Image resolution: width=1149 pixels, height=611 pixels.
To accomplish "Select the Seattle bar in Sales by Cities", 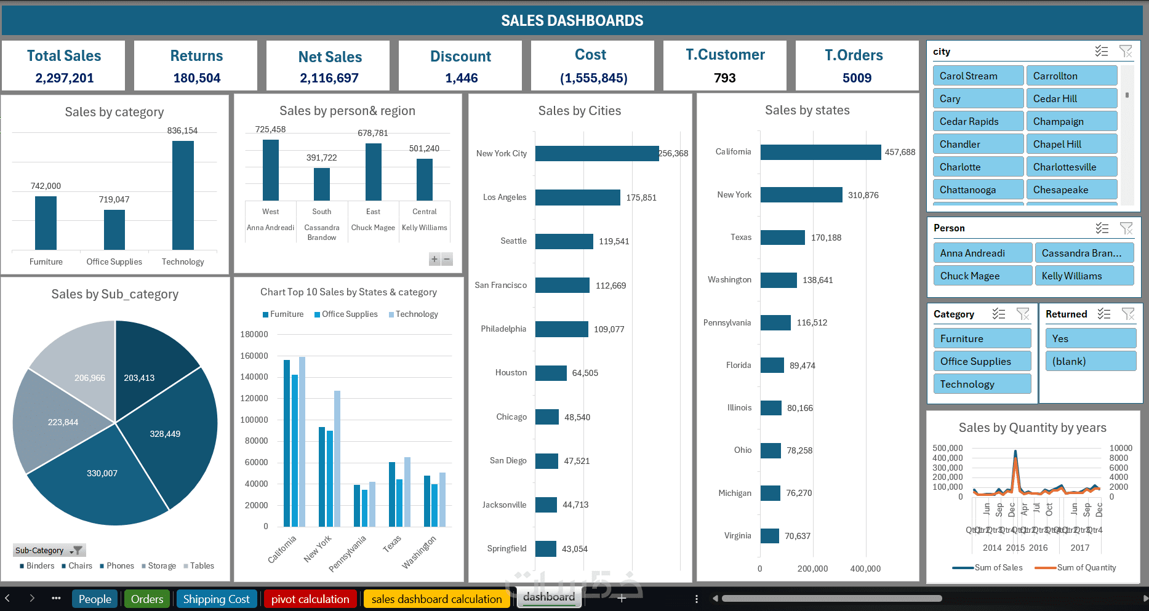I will click(564, 241).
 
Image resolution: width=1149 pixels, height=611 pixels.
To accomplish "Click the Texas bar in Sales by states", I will click(782, 238).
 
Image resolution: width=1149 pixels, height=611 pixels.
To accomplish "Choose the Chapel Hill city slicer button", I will click(1071, 144).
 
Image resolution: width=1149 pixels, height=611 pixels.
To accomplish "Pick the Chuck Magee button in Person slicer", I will click(982, 276).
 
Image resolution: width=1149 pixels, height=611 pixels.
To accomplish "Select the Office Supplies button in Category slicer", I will click(982, 361).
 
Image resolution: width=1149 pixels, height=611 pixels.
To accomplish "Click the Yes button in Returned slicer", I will click(1089, 338).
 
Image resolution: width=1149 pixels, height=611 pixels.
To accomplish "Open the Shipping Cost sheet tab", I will click(216, 599).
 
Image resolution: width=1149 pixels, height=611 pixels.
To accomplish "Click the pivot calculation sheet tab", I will click(310, 599).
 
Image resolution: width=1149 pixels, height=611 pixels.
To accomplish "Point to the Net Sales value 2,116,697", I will click(329, 78).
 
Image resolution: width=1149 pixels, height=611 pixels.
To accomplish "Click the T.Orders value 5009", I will click(857, 78).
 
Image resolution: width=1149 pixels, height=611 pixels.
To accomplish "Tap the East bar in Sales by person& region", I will click(373, 172).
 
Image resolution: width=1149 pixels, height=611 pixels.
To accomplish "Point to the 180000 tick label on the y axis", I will click(254, 335).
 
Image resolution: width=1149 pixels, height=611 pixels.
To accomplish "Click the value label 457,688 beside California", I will click(900, 152).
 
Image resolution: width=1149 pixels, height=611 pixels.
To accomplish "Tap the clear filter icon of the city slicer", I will click(1125, 52).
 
